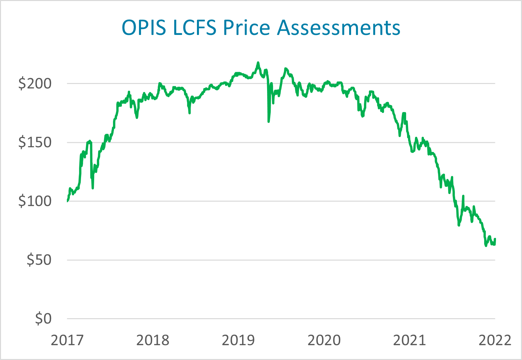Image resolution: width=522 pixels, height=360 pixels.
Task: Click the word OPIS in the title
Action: click(x=144, y=27)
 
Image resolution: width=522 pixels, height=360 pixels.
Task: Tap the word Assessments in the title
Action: click(x=339, y=27)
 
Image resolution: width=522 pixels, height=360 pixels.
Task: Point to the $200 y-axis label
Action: click(x=35, y=84)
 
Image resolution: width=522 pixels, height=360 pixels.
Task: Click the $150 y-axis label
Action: click(x=35, y=142)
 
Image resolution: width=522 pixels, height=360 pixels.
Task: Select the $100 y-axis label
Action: click(x=35, y=201)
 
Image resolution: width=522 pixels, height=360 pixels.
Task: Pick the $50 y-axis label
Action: click(x=39, y=260)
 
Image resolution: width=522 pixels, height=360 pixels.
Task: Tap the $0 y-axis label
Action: click(x=43, y=318)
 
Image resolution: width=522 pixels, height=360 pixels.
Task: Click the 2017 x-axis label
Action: click(x=67, y=340)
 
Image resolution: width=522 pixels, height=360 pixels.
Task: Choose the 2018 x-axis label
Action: click(x=152, y=340)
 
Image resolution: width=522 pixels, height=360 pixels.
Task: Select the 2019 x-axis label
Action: click(x=238, y=340)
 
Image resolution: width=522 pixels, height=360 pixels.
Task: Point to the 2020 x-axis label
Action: click(x=324, y=340)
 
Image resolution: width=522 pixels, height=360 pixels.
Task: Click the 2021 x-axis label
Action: click(x=409, y=340)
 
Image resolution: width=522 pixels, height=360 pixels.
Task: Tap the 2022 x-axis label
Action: click(x=495, y=340)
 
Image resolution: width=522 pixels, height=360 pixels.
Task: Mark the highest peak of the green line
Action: click(x=258, y=62)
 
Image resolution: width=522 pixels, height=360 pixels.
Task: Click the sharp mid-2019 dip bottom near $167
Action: click(x=269, y=122)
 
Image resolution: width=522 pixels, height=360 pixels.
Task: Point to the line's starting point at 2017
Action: click(x=67, y=201)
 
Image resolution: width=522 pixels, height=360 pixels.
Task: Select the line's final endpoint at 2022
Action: click(x=495, y=239)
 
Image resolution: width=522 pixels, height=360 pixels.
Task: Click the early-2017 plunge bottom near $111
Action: click(x=93, y=188)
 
